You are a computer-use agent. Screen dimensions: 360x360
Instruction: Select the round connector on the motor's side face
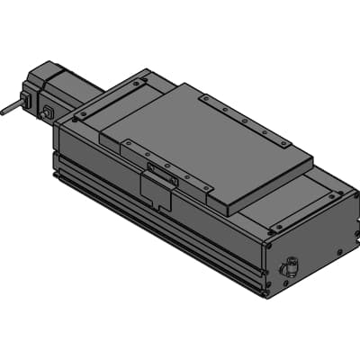click(x=48, y=112)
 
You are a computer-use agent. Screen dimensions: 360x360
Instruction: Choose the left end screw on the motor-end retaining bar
click(x=82, y=116)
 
